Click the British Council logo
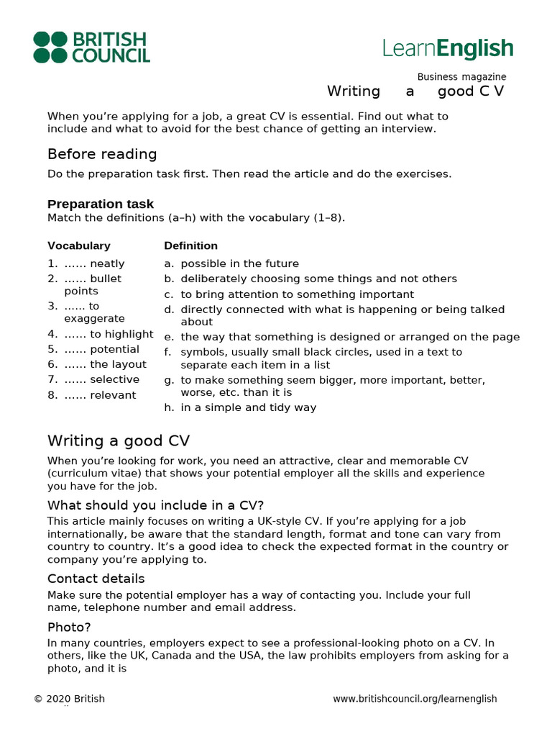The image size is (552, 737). click(91, 48)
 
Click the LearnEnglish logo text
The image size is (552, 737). click(448, 49)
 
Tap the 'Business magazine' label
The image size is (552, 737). click(461, 77)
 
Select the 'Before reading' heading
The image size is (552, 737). click(102, 154)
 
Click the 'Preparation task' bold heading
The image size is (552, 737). click(101, 204)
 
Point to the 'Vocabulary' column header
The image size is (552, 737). click(79, 245)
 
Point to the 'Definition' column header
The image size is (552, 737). click(190, 245)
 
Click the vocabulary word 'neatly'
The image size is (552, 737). click(107, 263)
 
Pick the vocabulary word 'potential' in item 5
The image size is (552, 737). click(114, 349)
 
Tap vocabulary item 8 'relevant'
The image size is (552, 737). click(113, 395)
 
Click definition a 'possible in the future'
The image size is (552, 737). click(239, 263)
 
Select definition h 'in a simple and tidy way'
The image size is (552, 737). click(248, 407)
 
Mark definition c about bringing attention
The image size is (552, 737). click(297, 294)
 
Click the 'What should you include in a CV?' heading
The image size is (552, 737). click(160, 505)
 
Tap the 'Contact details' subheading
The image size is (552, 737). click(96, 579)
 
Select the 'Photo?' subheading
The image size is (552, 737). click(69, 627)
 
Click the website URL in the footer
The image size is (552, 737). click(415, 699)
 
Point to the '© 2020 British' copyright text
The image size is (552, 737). click(69, 699)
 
